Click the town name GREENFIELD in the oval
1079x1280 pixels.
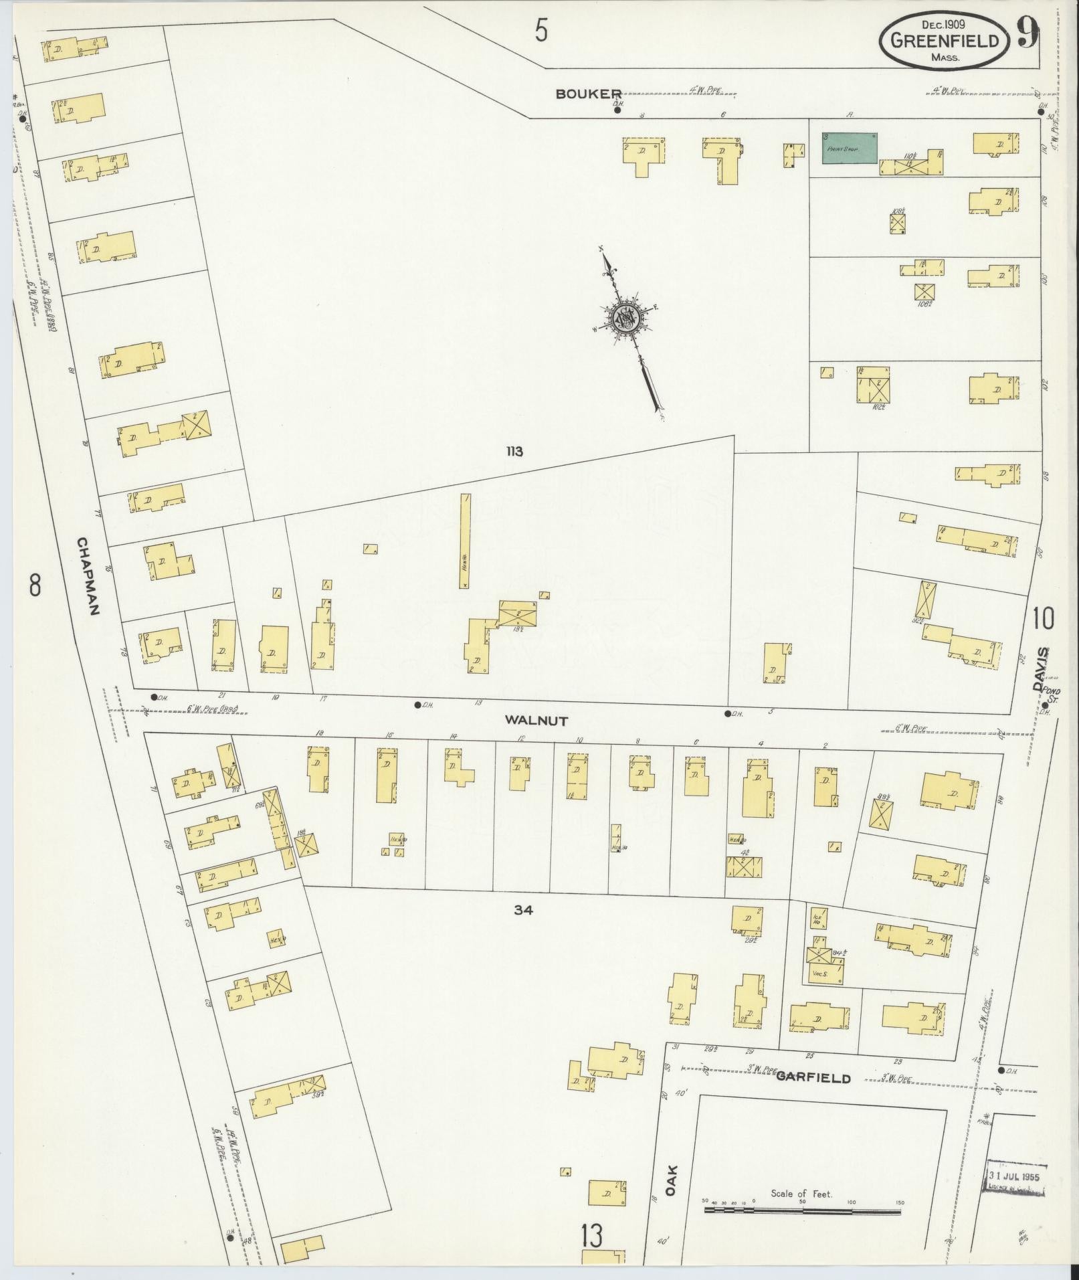click(945, 41)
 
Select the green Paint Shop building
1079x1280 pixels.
click(850, 147)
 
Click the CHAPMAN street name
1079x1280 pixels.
click(88, 577)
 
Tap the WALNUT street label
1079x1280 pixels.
click(536, 721)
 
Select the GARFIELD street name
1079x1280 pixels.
click(813, 1078)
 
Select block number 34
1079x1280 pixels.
click(524, 909)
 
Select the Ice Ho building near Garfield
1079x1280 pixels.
click(817, 918)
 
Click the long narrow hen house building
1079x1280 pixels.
click(464, 541)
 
